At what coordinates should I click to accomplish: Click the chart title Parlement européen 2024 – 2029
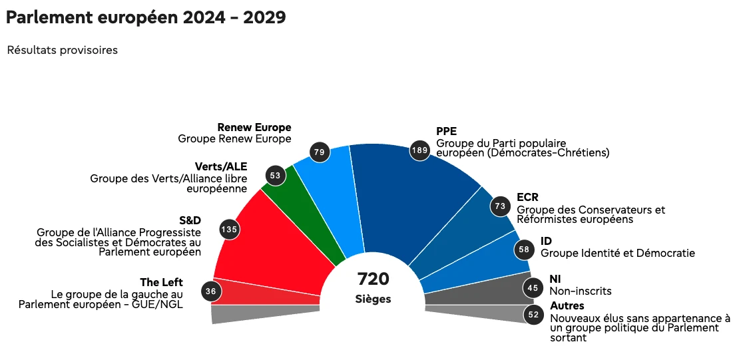(146, 17)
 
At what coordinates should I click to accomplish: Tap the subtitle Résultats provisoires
(63, 50)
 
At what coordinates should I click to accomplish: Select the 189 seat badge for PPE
(419, 150)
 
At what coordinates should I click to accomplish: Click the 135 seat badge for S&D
(230, 230)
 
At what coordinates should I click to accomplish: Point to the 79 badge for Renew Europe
(319, 152)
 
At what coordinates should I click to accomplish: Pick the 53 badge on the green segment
(275, 175)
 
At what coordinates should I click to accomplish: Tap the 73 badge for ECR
(500, 206)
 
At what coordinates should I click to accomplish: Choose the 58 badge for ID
(523, 250)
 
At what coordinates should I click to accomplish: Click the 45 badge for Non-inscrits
(533, 287)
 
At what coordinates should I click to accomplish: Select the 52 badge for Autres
(533, 315)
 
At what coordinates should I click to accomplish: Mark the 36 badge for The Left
(211, 291)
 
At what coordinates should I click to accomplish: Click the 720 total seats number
(373, 279)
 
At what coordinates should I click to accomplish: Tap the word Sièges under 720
(373, 299)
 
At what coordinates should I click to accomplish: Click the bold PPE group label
(447, 131)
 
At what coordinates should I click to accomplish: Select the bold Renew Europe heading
(254, 128)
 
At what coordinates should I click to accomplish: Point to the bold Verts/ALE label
(221, 167)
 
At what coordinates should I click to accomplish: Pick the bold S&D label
(190, 221)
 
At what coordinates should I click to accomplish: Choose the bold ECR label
(527, 197)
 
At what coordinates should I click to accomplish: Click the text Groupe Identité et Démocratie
(618, 254)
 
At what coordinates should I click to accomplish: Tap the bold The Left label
(162, 283)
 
